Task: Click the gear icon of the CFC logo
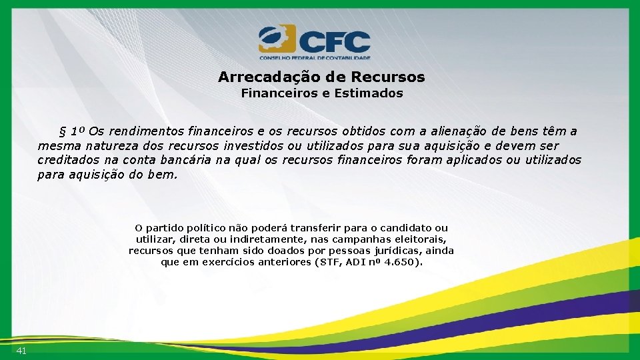point(276,39)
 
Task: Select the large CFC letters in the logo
point(333,42)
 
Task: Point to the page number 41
point(21,351)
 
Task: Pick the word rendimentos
point(147,131)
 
